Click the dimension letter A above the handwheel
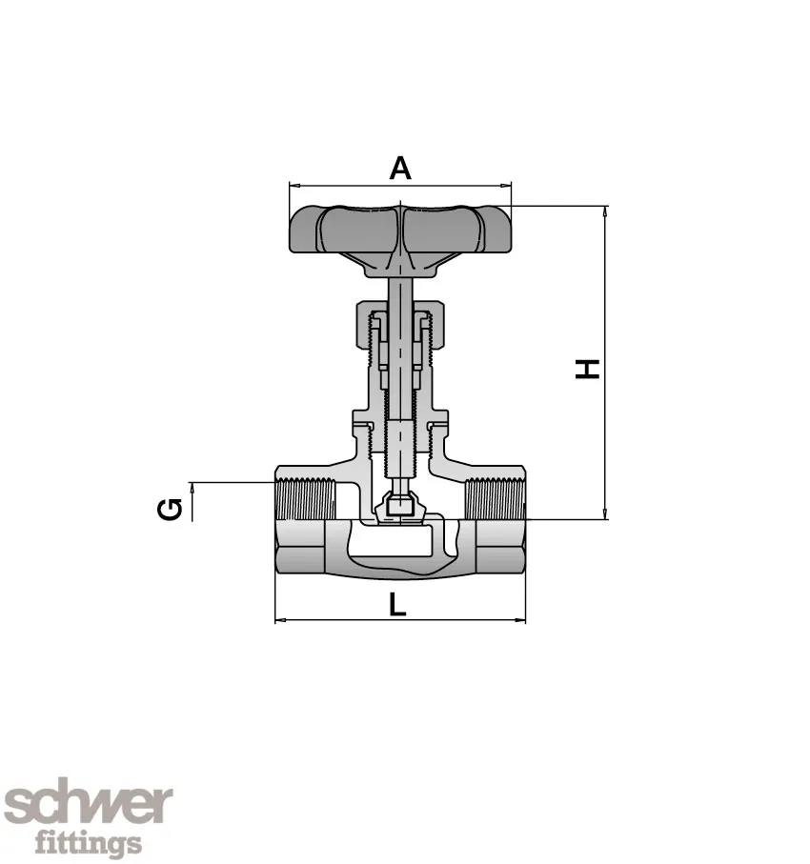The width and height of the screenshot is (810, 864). pos(400,169)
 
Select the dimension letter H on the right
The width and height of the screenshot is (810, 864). pos(590,368)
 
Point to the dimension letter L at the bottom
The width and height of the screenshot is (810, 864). pos(397,603)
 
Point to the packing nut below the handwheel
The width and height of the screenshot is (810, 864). pos(400,314)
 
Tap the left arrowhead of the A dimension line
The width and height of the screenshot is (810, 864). pos(294,186)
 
